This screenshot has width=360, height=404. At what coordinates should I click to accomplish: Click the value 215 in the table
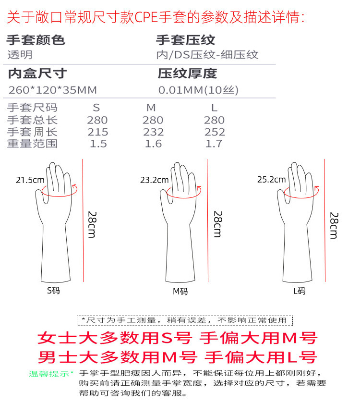(97, 132)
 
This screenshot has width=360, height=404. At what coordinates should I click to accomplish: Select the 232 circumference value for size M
(153, 132)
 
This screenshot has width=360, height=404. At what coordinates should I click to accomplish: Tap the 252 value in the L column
(214, 132)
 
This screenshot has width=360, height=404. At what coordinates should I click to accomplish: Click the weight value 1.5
(98, 144)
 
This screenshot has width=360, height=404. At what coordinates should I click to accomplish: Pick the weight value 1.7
(214, 144)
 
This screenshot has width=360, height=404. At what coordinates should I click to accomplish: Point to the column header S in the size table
(96, 108)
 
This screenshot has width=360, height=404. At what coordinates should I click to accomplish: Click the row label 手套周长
(32, 132)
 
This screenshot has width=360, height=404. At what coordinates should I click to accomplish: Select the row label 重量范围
(32, 144)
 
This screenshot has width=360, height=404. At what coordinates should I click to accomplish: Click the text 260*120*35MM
(53, 90)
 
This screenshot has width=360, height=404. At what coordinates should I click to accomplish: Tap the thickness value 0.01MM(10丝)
(198, 90)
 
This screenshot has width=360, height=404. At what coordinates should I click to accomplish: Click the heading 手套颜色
(36, 40)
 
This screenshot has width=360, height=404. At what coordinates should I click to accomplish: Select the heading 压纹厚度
(187, 73)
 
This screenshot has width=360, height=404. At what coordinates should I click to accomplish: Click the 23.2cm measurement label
(154, 180)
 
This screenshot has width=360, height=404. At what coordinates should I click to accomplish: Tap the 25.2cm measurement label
(271, 180)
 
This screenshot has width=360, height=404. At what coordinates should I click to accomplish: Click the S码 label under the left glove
(53, 290)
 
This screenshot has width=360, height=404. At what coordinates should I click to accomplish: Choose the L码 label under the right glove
(299, 290)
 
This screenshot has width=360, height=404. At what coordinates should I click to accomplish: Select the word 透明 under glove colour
(20, 55)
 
